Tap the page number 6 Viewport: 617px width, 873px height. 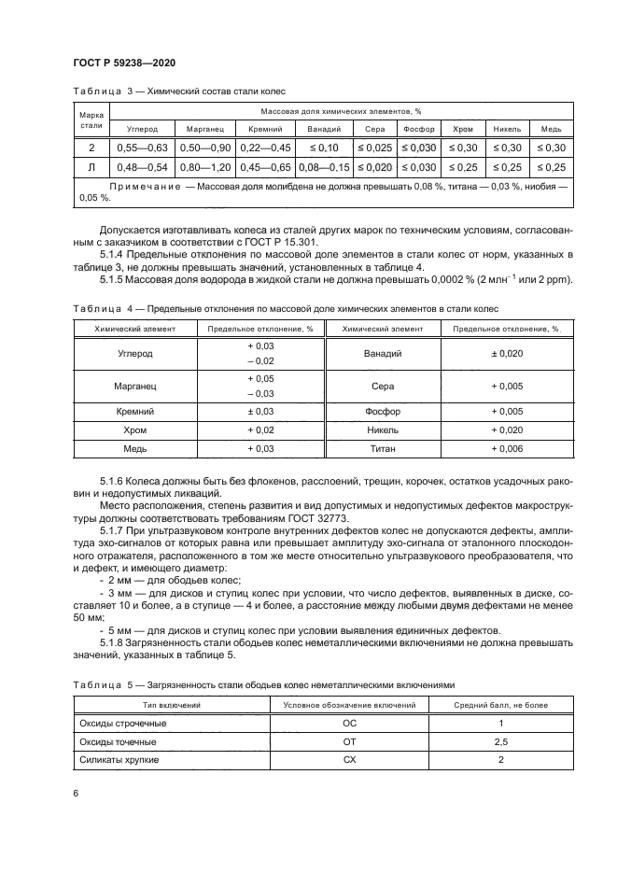pos(75,793)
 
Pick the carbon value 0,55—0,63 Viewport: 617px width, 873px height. pos(140,148)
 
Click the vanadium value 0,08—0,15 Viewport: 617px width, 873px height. pos(324,167)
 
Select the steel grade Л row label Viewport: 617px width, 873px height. pos(91,167)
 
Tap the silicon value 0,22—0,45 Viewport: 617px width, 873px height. pos(265,148)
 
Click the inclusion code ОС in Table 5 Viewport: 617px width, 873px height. pos(350,724)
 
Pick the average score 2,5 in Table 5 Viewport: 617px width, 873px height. pos(500,742)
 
